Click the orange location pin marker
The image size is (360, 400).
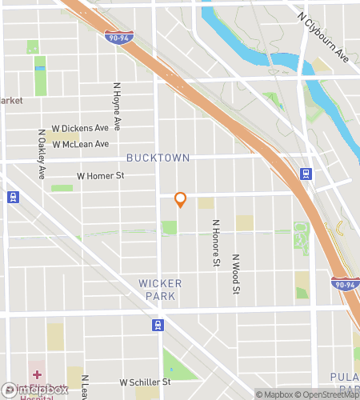[180, 200]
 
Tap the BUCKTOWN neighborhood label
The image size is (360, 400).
[158, 158]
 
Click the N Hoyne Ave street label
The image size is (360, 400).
[117, 106]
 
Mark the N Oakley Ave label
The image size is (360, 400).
[41, 154]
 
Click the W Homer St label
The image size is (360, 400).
[101, 175]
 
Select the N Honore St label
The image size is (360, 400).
[215, 242]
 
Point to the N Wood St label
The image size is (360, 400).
[236, 275]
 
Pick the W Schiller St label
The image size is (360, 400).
[145, 383]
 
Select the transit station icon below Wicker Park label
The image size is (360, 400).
[158, 325]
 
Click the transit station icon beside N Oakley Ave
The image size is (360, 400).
[13, 197]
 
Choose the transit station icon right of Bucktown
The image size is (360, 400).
[306, 174]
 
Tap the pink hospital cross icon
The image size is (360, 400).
[37, 374]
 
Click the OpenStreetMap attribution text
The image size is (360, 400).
[327, 394]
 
